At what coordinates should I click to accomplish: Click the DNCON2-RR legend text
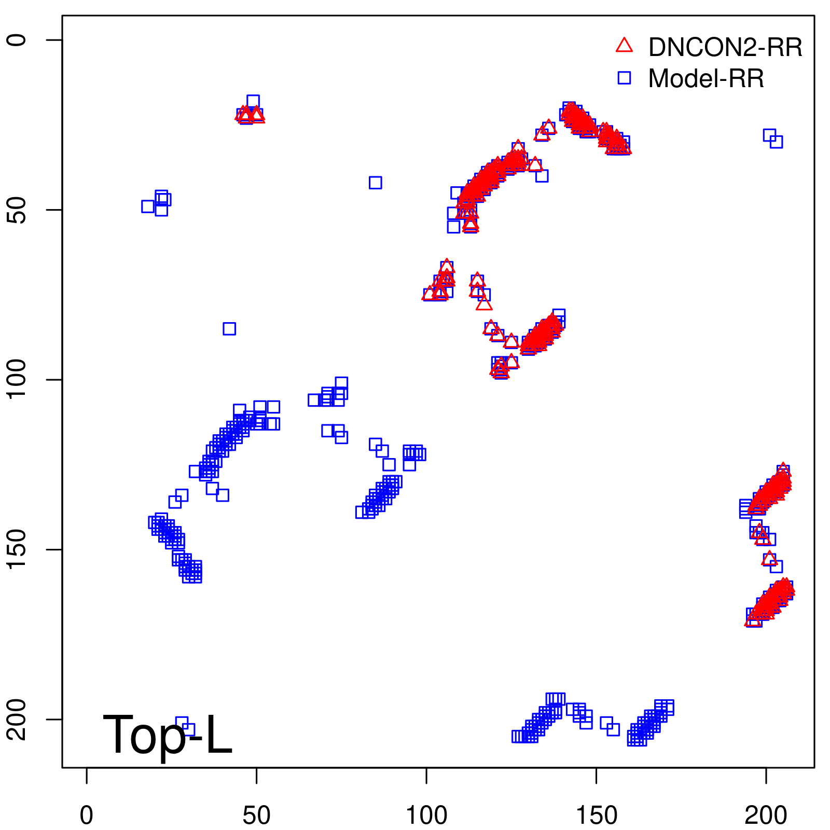tap(725, 48)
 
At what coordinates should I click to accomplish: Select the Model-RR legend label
tap(706, 79)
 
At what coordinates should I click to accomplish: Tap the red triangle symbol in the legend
tap(624, 46)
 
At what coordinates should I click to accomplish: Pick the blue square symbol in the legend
tap(624, 78)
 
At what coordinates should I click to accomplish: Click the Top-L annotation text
tap(167, 735)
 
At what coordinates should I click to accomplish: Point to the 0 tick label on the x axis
tap(87, 816)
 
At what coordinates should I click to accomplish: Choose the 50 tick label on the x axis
tap(256, 816)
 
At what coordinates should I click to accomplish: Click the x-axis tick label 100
tap(426, 816)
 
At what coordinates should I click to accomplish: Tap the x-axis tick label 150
tap(596, 816)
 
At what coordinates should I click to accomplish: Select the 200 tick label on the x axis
tap(766, 816)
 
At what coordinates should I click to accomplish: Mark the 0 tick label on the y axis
tap(17, 40)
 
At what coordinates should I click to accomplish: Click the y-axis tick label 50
tap(17, 210)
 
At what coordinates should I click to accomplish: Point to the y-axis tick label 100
tap(17, 380)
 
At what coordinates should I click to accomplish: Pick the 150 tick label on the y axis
tap(17, 549)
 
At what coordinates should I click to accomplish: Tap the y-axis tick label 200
tap(17, 719)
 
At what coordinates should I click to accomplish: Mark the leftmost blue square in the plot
tap(148, 206)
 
